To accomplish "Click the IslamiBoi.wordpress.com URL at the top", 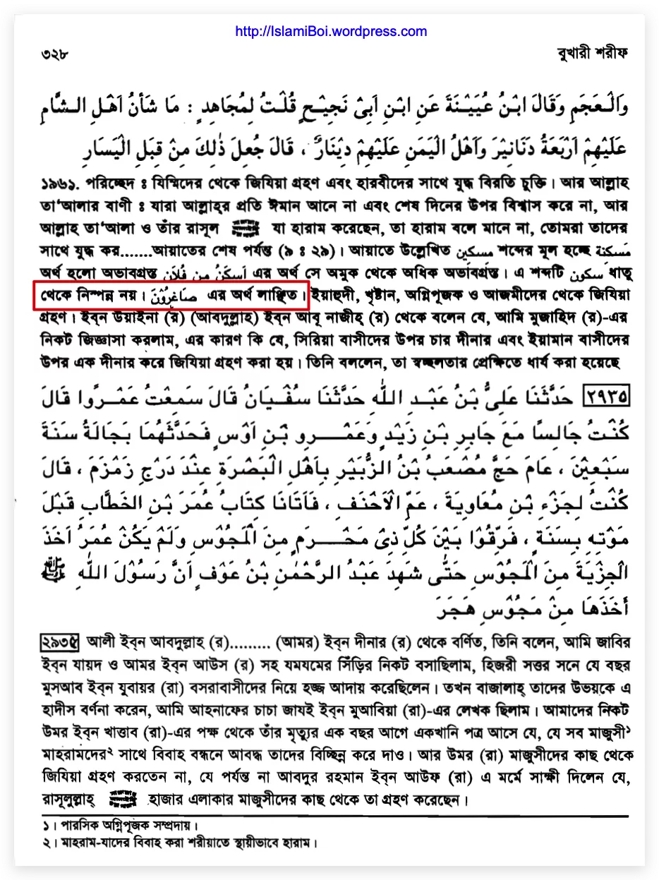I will (329, 32).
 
